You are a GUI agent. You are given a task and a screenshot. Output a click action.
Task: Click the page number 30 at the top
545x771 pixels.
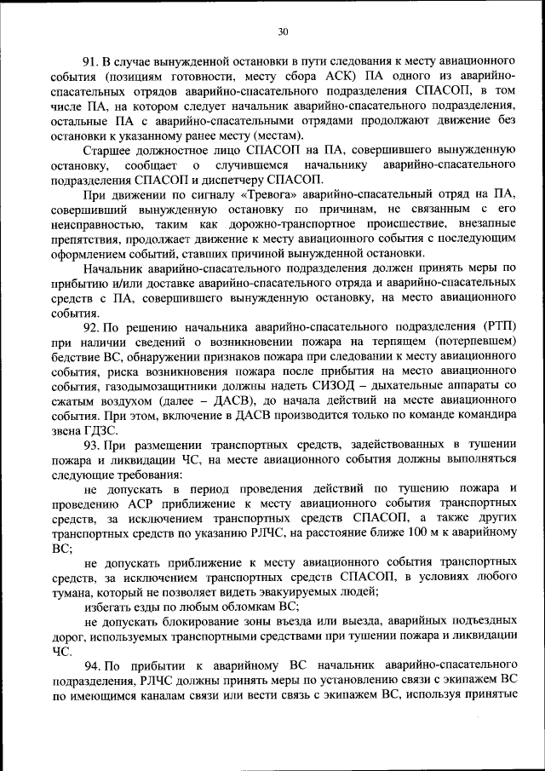(x=283, y=32)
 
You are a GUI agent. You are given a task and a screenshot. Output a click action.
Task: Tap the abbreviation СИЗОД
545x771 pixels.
(x=318, y=386)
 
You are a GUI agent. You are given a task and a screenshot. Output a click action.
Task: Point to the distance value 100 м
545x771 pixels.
(x=412, y=532)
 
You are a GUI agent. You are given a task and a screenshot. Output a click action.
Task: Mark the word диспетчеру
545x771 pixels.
(x=230, y=180)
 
